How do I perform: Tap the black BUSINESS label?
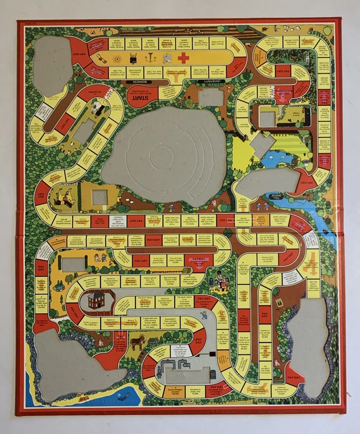[140, 82]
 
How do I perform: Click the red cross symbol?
[183, 58]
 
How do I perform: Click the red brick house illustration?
[96, 300]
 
